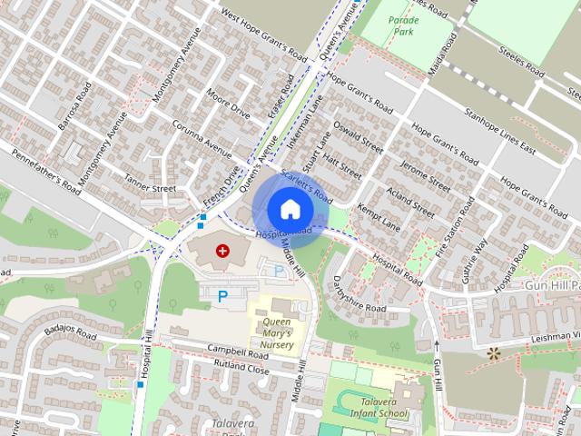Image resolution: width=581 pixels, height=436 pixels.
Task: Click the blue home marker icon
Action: (290, 208)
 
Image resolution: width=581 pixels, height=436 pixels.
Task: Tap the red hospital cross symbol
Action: (222, 250)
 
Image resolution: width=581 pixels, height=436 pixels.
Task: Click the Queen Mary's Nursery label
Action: (277, 333)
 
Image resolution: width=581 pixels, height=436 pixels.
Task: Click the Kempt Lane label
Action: (379, 217)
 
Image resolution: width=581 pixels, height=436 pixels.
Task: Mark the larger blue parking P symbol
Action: (222, 294)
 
